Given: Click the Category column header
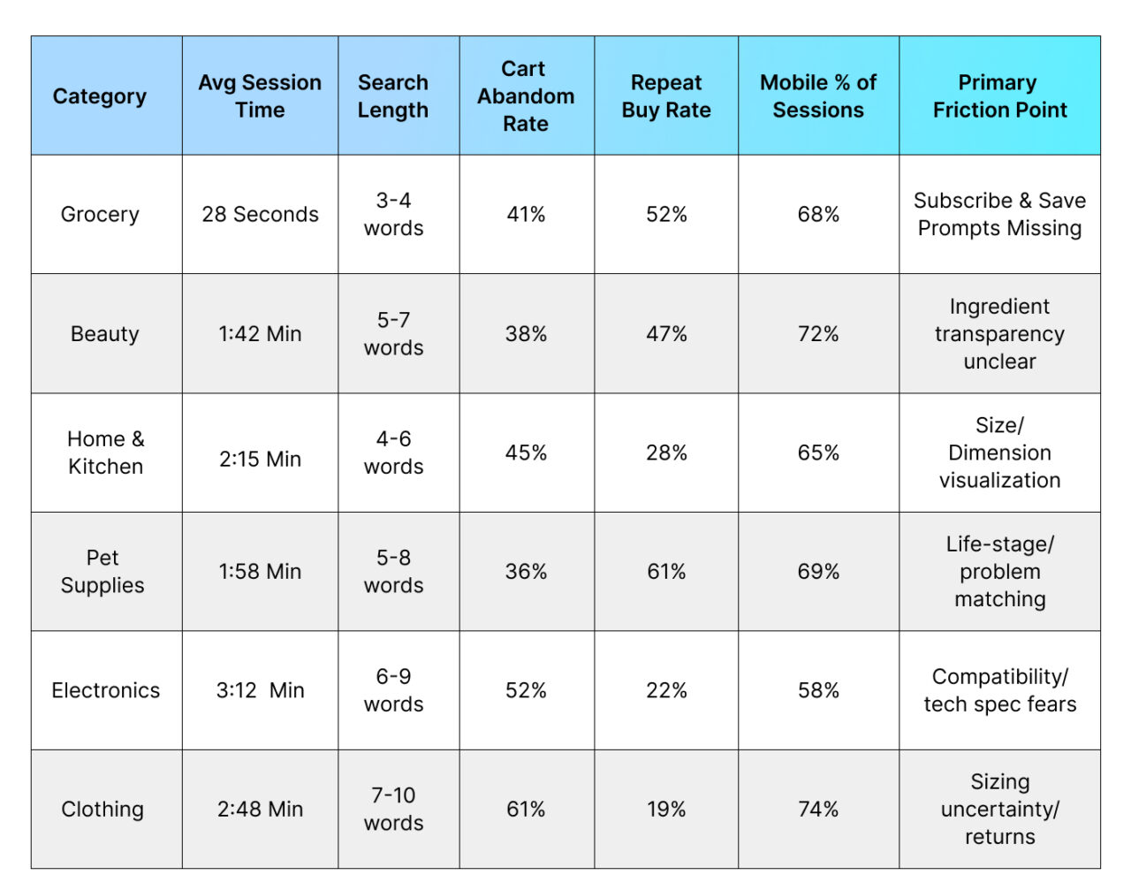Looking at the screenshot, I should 100,96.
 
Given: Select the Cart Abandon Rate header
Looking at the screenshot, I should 526,96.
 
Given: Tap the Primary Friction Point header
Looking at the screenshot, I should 999,96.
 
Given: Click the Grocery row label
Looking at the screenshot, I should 100,215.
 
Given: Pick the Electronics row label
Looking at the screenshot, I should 105,690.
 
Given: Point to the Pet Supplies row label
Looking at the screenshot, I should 102,572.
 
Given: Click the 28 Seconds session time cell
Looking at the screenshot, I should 260,215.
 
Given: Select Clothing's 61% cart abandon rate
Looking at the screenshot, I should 526,810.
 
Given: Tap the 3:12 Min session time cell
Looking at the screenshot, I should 260,690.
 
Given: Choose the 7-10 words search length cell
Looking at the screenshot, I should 393,810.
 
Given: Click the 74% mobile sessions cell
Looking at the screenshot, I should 818,810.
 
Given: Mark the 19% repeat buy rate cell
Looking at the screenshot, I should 666,810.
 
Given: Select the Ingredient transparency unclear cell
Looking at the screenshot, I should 999,334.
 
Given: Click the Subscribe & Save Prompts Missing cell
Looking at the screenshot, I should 999,215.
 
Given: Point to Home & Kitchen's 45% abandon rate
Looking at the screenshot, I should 526,453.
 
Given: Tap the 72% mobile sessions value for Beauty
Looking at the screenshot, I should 818,334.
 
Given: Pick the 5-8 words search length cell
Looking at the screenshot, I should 393,572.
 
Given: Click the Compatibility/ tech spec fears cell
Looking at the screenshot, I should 999,690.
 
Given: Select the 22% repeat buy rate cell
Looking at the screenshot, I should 666,690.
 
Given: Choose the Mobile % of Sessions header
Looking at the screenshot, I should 818,96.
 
